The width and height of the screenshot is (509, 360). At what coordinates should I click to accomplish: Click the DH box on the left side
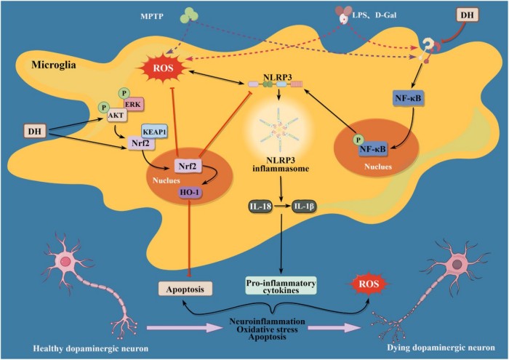33,131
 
